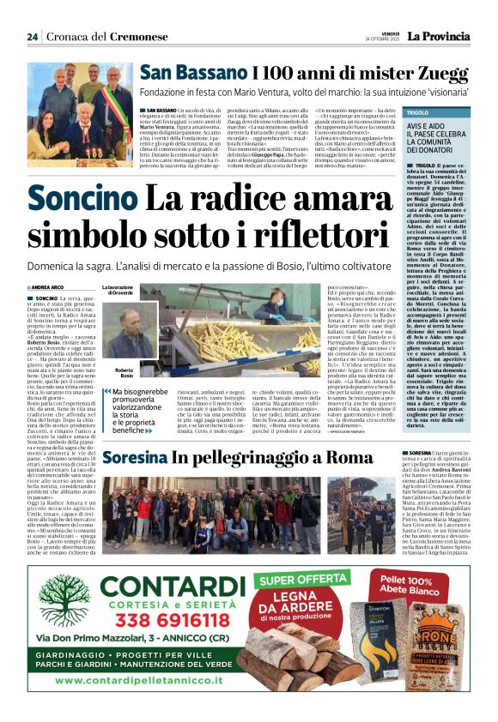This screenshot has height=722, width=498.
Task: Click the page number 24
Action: [33, 37]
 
